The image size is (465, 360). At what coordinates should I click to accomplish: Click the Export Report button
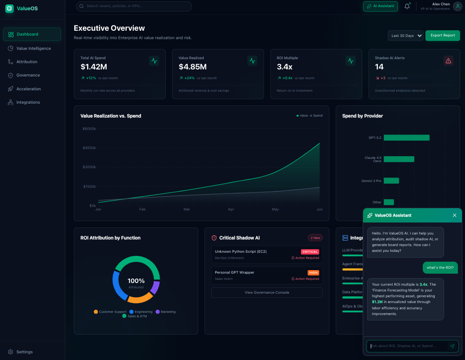[x=442, y=35]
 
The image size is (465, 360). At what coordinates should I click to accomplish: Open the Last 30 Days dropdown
[x=406, y=36]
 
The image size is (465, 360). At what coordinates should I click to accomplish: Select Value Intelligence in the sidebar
[x=33, y=48]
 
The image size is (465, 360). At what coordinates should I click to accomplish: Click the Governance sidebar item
[x=28, y=75]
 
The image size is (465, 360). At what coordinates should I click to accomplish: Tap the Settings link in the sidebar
[x=24, y=352]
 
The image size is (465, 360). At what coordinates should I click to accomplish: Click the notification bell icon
[x=407, y=6]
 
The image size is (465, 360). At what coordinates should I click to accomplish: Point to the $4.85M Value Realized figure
[x=192, y=67]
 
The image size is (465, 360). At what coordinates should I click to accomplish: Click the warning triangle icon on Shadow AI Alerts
[x=448, y=61]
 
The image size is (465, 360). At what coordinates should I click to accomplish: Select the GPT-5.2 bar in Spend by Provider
[x=406, y=138]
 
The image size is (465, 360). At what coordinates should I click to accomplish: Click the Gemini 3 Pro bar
[x=391, y=181]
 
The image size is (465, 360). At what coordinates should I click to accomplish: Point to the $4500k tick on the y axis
[x=89, y=148]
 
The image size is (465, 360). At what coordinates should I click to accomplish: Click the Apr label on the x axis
[x=231, y=209]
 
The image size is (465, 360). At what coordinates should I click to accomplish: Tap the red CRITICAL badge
[x=310, y=252]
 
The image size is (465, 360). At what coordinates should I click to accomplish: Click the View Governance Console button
[x=267, y=292]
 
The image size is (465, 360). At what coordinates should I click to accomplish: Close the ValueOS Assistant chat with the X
[x=454, y=215]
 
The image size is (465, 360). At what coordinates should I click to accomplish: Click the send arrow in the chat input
[x=452, y=346]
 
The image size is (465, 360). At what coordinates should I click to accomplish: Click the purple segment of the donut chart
[x=155, y=287]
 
